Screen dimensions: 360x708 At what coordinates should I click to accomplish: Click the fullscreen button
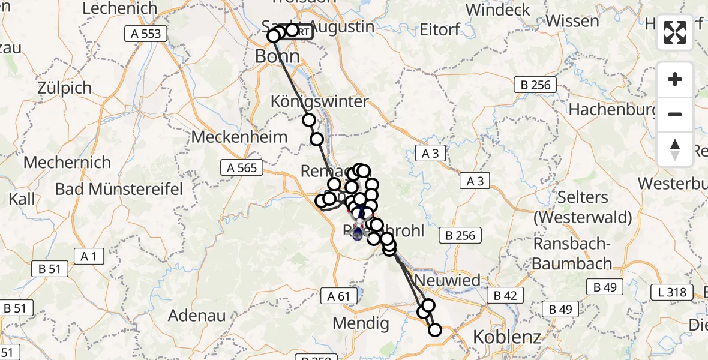click(x=675, y=32)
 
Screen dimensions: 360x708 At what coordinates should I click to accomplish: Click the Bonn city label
click(x=277, y=56)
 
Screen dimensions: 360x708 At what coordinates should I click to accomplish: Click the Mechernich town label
click(x=67, y=163)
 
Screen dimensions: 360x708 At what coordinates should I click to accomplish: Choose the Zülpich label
click(x=64, y=88)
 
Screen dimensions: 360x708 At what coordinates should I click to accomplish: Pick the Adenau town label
click(x=197, y=315)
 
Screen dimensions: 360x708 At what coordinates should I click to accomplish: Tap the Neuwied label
click(x=448, y=280)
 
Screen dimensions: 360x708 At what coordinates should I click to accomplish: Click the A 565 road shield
click(x=242, y=168)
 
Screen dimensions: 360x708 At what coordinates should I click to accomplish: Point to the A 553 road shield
click(x=146, y=34)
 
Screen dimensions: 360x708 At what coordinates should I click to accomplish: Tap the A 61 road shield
click(x=339, y=295)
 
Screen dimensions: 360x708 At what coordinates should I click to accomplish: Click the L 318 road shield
click(x=672, y=292)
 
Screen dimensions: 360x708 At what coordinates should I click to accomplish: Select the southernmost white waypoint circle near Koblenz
click(x=434, y=330)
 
